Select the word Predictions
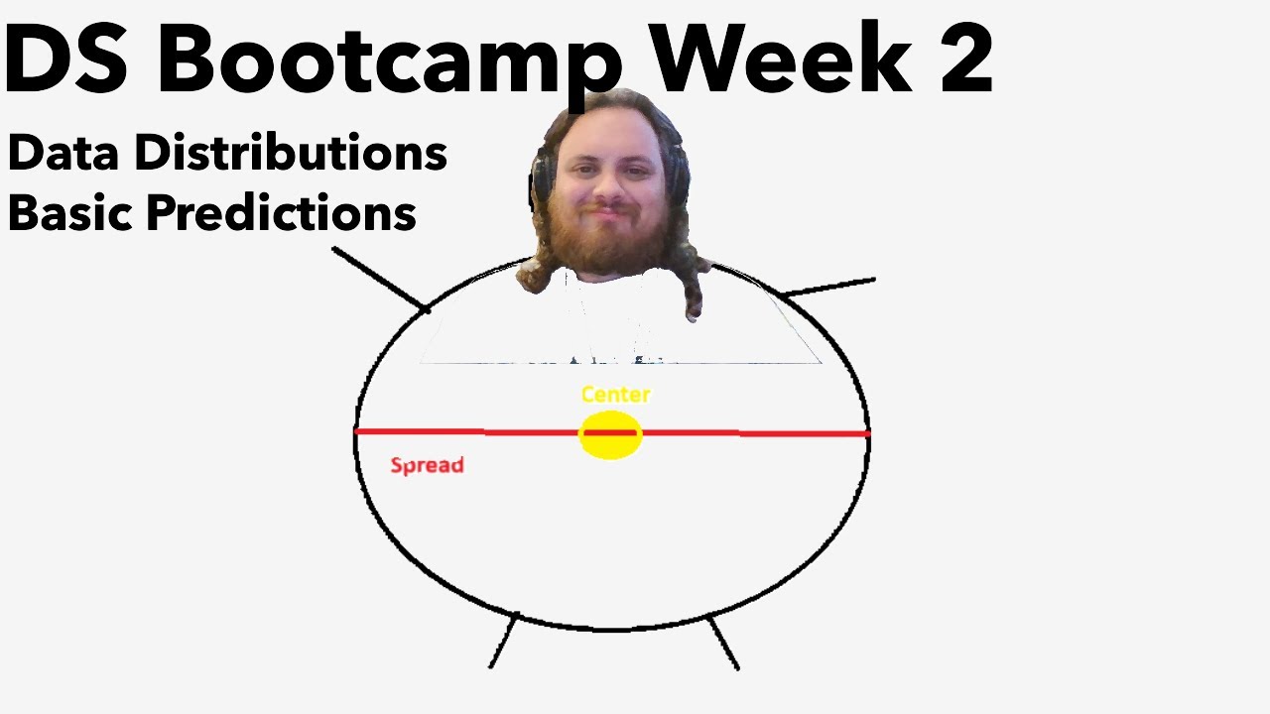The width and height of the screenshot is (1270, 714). pos(281,213)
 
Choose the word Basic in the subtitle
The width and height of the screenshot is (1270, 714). pos(71,212)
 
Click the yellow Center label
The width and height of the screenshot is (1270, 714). pos(615,395)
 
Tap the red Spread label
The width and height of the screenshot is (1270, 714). pos(427,465)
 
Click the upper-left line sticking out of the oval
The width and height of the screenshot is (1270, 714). pos(380,279)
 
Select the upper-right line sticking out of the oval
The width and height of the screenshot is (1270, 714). pos(829,288)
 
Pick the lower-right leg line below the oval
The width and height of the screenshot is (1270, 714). pos(723,644)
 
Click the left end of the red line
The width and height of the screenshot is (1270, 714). pos(358,431)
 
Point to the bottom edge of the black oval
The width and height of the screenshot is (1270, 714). pos(610,628)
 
